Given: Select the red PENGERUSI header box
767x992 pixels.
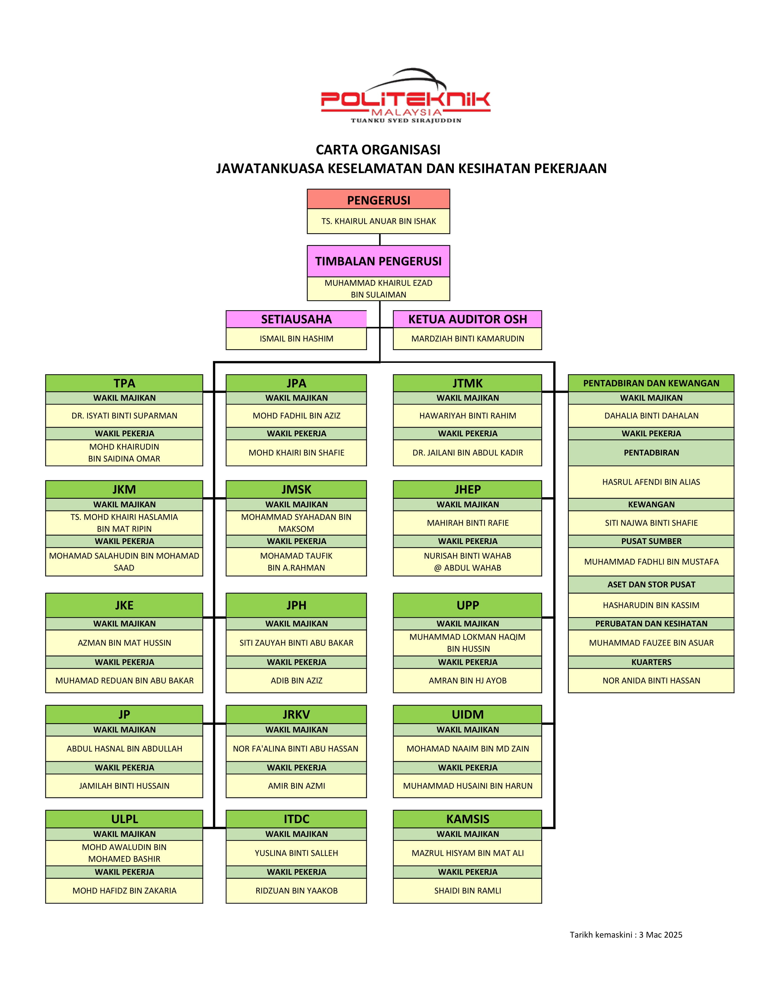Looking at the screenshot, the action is click(378, 199).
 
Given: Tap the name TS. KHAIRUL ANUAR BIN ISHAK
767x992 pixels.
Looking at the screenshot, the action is click(378, 221).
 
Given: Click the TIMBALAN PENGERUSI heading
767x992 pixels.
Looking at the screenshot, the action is click(378, 261).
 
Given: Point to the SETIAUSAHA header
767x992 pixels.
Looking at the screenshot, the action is click(296, 319).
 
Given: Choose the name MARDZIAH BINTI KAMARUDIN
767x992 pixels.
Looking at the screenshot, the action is click(468, 339).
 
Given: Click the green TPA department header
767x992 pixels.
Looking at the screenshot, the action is click(124, 383).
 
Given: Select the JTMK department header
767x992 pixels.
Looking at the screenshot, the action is click(468, 383).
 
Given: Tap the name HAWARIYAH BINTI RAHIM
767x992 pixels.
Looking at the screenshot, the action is click(468, 416).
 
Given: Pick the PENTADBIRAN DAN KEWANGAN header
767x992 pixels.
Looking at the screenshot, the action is click(651, 383).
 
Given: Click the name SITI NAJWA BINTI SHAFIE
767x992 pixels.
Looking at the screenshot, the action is click(651, 523).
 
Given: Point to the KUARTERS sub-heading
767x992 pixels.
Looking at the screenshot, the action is click(651, 662).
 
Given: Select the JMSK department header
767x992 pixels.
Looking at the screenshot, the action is click(296, 490).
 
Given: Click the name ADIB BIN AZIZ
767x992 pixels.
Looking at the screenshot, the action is click(296, 680).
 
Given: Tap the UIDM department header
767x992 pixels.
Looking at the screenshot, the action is click(468, 714).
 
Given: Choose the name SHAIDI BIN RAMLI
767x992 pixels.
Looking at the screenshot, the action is click(468, 891).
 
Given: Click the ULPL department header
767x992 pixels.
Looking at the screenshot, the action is click(124, 819).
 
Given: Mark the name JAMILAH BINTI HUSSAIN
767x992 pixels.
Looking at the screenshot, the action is click(124, 786).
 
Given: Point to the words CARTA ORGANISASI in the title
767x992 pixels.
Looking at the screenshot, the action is click(378, 150).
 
